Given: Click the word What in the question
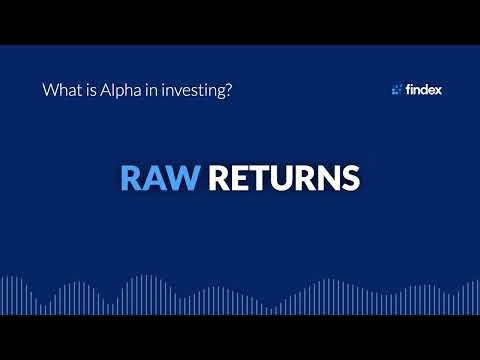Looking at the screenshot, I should (59, 89).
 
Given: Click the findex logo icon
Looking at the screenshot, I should (397, 89).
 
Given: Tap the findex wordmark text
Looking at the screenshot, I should (424, 89).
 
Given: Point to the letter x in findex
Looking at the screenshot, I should (438, 90).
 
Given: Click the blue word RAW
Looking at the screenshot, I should (160, 178).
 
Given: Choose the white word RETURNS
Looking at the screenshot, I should (284, 178).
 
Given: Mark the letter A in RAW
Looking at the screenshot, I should (156, 178).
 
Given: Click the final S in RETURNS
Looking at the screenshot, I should (348, 178).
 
